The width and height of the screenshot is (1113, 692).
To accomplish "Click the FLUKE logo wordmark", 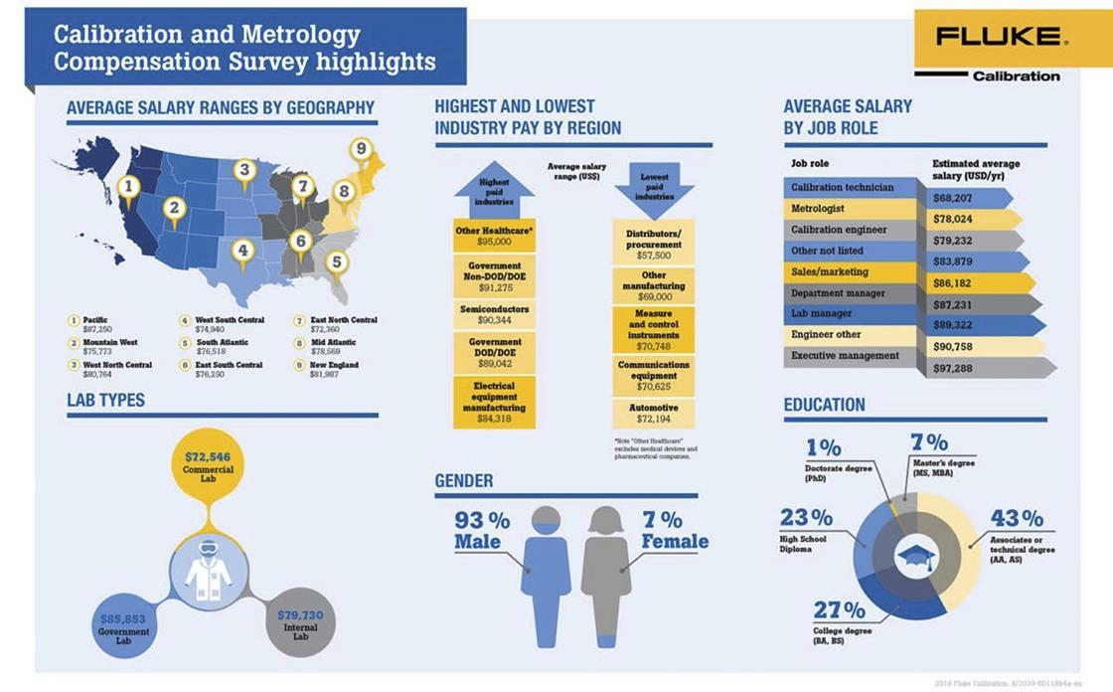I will pos(997,37).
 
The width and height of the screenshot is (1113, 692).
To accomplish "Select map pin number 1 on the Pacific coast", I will pos(126,186).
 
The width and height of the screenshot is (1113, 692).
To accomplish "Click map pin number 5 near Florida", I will pos(337,262).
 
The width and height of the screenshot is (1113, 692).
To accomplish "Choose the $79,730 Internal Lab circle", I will pos(300,626).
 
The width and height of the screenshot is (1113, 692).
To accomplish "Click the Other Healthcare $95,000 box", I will pos(494,236).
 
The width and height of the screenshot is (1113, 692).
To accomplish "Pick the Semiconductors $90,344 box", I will pos(494,314).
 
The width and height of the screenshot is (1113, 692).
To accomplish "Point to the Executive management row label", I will pos(845,356).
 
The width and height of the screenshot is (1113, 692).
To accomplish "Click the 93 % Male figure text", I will pos(481,530).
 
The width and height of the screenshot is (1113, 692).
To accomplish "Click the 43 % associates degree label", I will pos(1017,519).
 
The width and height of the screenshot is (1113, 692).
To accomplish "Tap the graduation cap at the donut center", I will pos(915,558).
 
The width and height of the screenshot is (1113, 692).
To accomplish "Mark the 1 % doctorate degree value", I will pos(823,447).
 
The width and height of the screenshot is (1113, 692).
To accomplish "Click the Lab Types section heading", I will pos(105,400).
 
